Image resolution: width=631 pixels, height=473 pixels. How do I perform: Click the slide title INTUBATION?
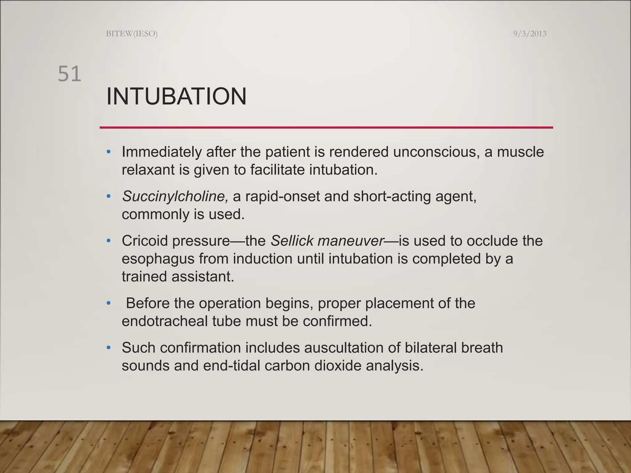click(176, 97)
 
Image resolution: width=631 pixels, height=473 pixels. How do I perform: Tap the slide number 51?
click(70, 74)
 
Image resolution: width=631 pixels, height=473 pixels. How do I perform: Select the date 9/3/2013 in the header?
click(530, 34)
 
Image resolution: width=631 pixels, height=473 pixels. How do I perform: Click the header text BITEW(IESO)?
click(132, 34)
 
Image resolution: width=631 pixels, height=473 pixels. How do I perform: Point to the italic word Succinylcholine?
click(175, 196)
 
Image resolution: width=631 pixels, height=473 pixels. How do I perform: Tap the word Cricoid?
click(145, 241)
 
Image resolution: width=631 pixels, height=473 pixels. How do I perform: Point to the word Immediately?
click(161, 152)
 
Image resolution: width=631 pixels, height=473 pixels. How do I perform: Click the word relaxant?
click(148, 170)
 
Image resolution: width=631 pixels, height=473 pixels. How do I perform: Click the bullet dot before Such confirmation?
click(108, 348)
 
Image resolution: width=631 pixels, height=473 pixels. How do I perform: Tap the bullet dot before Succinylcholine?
click(108, 196)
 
